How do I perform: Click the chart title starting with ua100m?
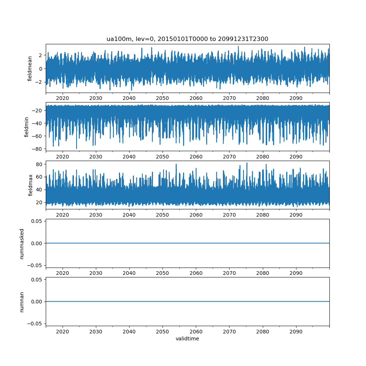(x=187, y=39)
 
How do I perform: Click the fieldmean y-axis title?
(x=30, y=69)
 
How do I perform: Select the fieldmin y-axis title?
(x=26, y=127)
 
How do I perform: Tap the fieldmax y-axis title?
(x=30, y=185)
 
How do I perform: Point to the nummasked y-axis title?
(x=22, y=244)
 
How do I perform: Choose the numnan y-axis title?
(x=22, y=302)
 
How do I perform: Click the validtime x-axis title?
(x=187, y=339)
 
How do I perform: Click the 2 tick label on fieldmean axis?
(x=41, y=55)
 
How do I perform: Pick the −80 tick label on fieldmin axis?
(x=37, y=149)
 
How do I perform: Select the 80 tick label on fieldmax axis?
(x=39, y=164)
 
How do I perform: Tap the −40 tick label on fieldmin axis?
(x=37, y=123)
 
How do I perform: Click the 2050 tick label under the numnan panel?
(x=163, y=332)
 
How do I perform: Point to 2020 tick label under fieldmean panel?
(x=62, y=98)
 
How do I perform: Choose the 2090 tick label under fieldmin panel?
(x=296, y=157)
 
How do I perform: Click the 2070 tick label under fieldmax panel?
(x=229, y=215)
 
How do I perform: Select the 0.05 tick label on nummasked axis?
(x=37, y=221)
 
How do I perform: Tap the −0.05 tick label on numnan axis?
(x=35, y=324)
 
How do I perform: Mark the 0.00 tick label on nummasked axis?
(x=37, y=243)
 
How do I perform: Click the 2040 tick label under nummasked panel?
(x=129, y=273)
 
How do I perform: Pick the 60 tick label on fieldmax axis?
(x=39, y=177)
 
